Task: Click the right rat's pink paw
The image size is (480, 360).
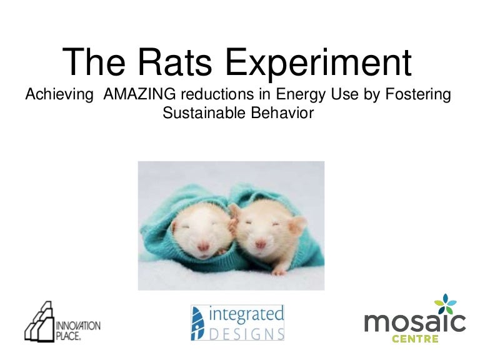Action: coord(279,271)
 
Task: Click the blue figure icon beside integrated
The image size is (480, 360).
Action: coord(197,323)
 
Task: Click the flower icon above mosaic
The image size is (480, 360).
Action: coord(446,303)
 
